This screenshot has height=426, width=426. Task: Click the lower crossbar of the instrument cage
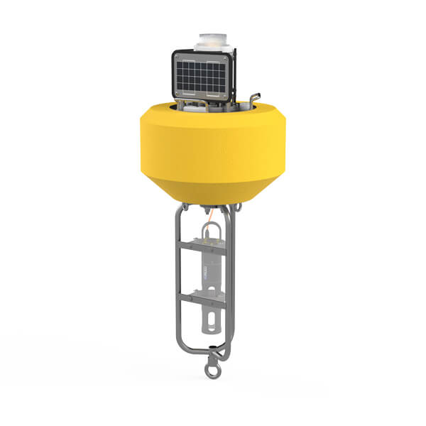tap(203, 297)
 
